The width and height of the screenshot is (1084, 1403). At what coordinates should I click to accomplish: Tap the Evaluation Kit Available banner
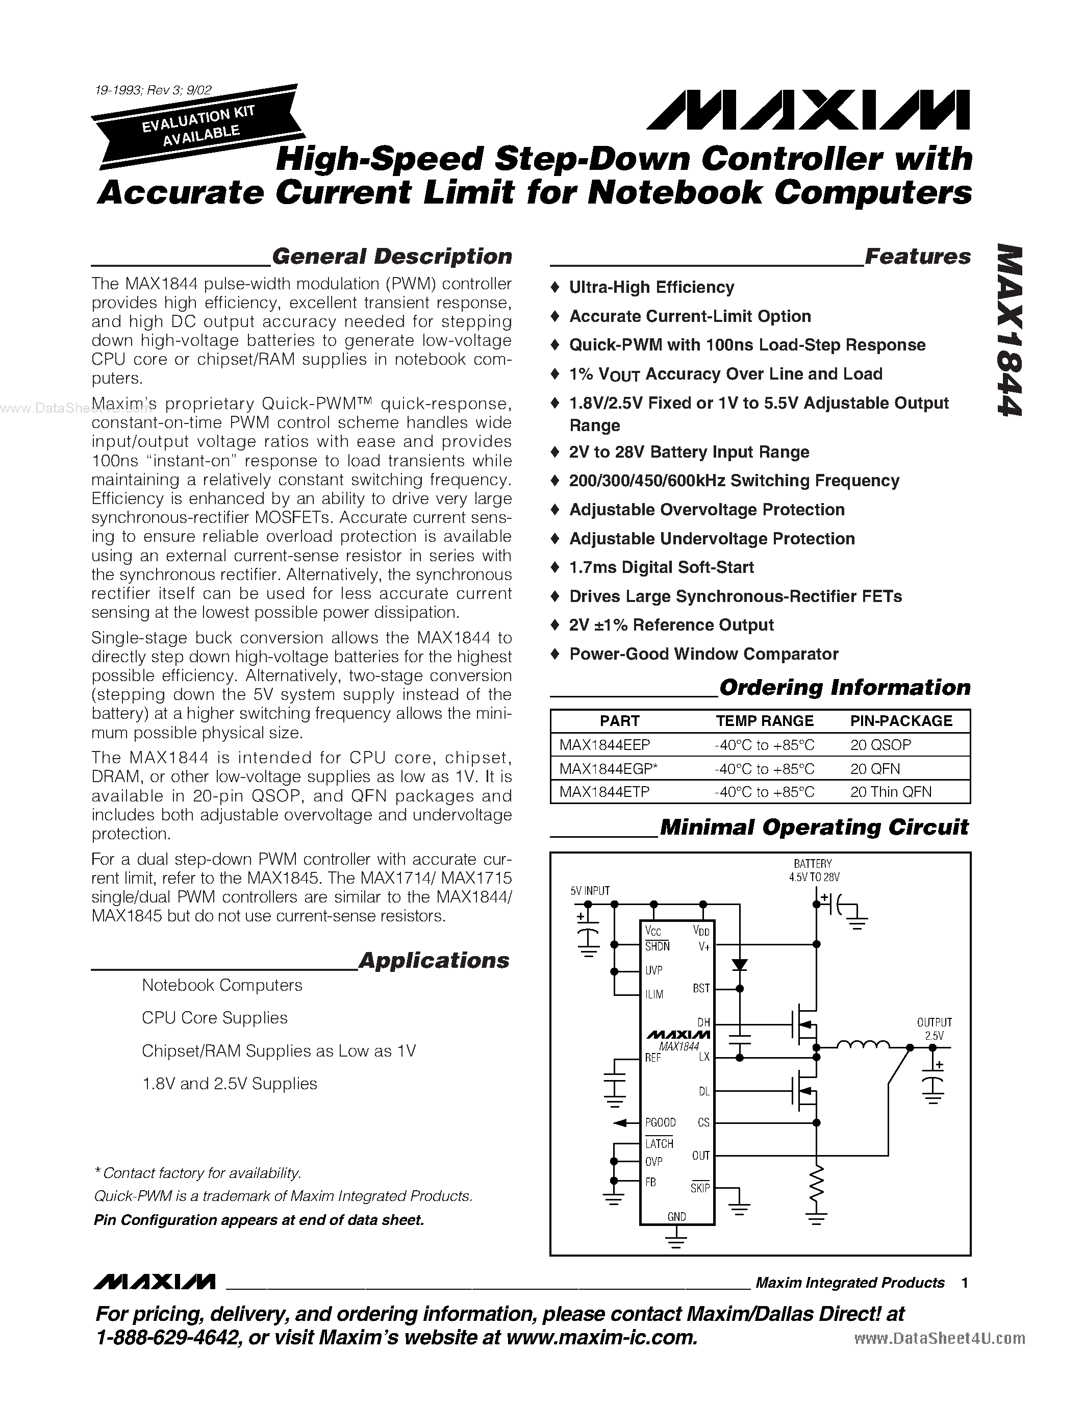198,126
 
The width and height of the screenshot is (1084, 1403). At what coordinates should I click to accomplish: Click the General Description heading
392,256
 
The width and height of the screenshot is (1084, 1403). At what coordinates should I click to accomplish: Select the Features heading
917,256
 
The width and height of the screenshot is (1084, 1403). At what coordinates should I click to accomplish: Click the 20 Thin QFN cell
890,792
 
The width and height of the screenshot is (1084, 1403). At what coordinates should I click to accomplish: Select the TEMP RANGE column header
764,721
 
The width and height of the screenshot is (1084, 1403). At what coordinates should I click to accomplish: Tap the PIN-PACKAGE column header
901,721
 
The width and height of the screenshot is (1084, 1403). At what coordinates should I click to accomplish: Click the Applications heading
434,960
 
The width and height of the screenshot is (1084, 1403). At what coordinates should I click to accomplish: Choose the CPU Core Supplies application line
214,1018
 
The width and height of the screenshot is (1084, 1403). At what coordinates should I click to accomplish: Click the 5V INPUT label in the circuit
590,890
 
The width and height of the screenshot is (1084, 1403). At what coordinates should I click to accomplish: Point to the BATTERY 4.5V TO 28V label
813,870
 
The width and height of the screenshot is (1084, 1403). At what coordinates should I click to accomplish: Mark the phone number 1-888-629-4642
167,1338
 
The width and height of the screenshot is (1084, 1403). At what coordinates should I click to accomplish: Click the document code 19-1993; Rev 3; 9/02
153,91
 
